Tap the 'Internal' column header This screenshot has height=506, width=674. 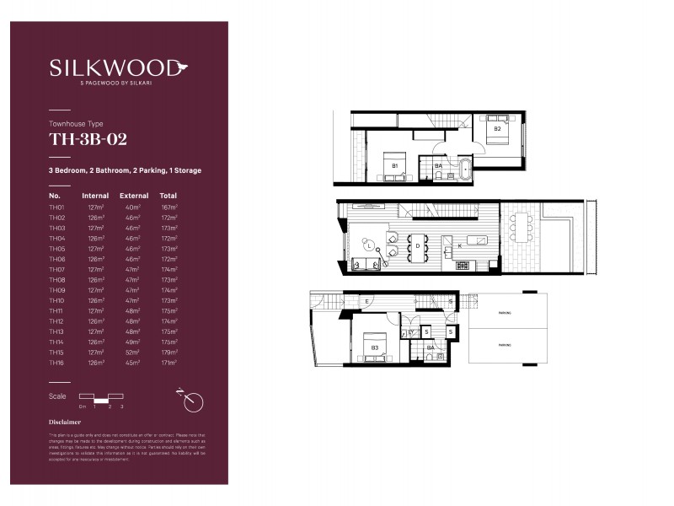(95, 195)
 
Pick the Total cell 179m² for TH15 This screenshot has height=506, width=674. (168, 353)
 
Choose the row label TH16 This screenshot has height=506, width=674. (56, 363)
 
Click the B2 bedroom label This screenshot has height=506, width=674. (497, 129)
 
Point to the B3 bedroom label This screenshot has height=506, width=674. (373, 347)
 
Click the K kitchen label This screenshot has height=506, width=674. (460, 245)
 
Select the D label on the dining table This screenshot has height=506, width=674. (417, 245)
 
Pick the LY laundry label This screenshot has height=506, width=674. (410, 332)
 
